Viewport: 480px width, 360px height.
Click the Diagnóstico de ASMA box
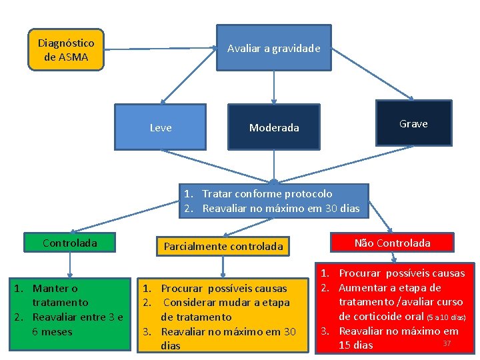click(x=66, y=50)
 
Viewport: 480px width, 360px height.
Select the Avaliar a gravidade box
click(x=273, y=48)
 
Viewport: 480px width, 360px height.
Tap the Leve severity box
click(x=160, y=127)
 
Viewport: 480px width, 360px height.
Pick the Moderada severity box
click(x=273, y=127)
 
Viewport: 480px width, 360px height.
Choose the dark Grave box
click(x=413, y=123)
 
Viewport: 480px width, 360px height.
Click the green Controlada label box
click(x=69, y=243)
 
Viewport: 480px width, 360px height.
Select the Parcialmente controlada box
click(x=223, y=246)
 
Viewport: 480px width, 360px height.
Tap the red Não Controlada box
click(x=392, y=243)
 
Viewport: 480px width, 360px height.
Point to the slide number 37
click(x=447, y=343)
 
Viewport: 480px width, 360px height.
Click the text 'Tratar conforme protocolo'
click(x=267, y=194)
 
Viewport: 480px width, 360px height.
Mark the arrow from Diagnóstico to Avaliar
click(x=160, y=48)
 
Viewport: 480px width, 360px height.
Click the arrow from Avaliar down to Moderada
click(x=273, y=87)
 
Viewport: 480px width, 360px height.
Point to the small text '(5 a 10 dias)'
click(x=445, y=317)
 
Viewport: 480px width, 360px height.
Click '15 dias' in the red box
click(x=356, y=345)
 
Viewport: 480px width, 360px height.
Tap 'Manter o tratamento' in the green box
click(x=56, y=295)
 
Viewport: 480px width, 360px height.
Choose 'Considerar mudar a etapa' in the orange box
click(x=225, y=303)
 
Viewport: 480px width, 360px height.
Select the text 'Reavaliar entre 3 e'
click(x=77, y=317)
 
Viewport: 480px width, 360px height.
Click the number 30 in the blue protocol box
click(x=331, y=209)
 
